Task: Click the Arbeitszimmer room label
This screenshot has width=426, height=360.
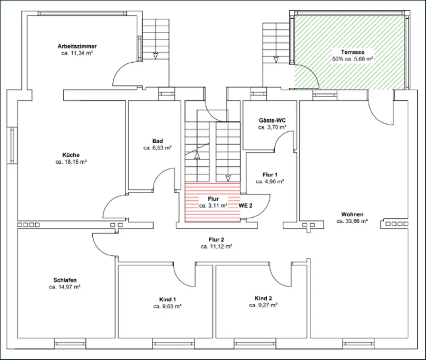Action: coord(77,46)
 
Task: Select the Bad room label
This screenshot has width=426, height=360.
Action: coord(158,141)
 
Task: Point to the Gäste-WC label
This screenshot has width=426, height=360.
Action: coord(272,121)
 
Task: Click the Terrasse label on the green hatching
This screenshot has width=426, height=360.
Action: coord(353,52)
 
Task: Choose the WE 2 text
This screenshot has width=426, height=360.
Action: coord(246,206)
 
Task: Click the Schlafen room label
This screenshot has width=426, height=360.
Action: coord(65,280)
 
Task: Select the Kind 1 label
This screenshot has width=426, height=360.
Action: coord(167,300)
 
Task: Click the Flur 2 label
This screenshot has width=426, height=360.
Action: coord(216,239)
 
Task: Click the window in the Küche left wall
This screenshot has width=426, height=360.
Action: coord(12,145)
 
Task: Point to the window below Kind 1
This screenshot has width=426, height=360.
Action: coord(173,344)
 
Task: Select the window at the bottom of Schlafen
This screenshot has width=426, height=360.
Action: coord(70,344)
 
